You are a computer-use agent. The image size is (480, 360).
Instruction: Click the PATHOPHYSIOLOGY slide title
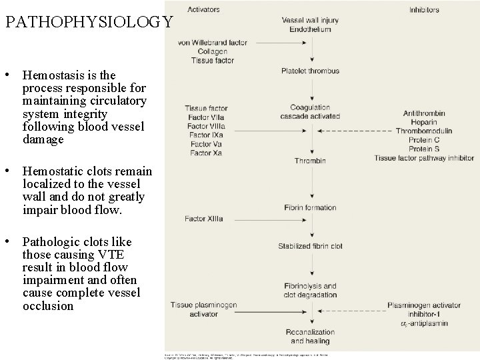pyautogui.click(x=89, y=22)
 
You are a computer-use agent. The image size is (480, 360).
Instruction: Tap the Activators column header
pyautogui.click(x=203, y=9)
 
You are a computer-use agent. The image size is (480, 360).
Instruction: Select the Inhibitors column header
pyautogui.click(x=427, y=9)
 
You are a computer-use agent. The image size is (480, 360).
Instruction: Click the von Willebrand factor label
pyautogui.click(x=213, y=43)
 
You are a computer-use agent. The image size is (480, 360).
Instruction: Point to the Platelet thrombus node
pyautogui.click(x=310, y=71)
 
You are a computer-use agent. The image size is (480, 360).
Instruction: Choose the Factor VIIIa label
pyautogui.click(x=206, y=126)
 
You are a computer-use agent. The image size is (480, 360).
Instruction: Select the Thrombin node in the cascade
pyautogui.click(x=310, y=161)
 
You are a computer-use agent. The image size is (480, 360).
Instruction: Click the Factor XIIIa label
pyautogui.click(x=203, y=219)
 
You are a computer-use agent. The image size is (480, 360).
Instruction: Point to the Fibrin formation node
pyautogui.click(x=310, y=208)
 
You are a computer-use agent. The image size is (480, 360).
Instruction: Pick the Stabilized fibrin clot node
pyautogui.click(x=310, y=246)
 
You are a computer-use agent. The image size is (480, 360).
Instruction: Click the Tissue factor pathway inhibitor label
pyautogui.click(x=424, y=158)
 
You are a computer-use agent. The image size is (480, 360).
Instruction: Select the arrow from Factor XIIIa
pyautogui.click(x=263, y=219)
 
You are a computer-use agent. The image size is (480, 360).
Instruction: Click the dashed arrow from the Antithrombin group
pyautogui.click(x=360, y=131)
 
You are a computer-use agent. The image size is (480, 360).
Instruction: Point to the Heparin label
pyautogui.click(x=423, y=122)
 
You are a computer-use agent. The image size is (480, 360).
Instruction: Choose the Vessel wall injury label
pyautogui.click(x=310, y=20)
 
